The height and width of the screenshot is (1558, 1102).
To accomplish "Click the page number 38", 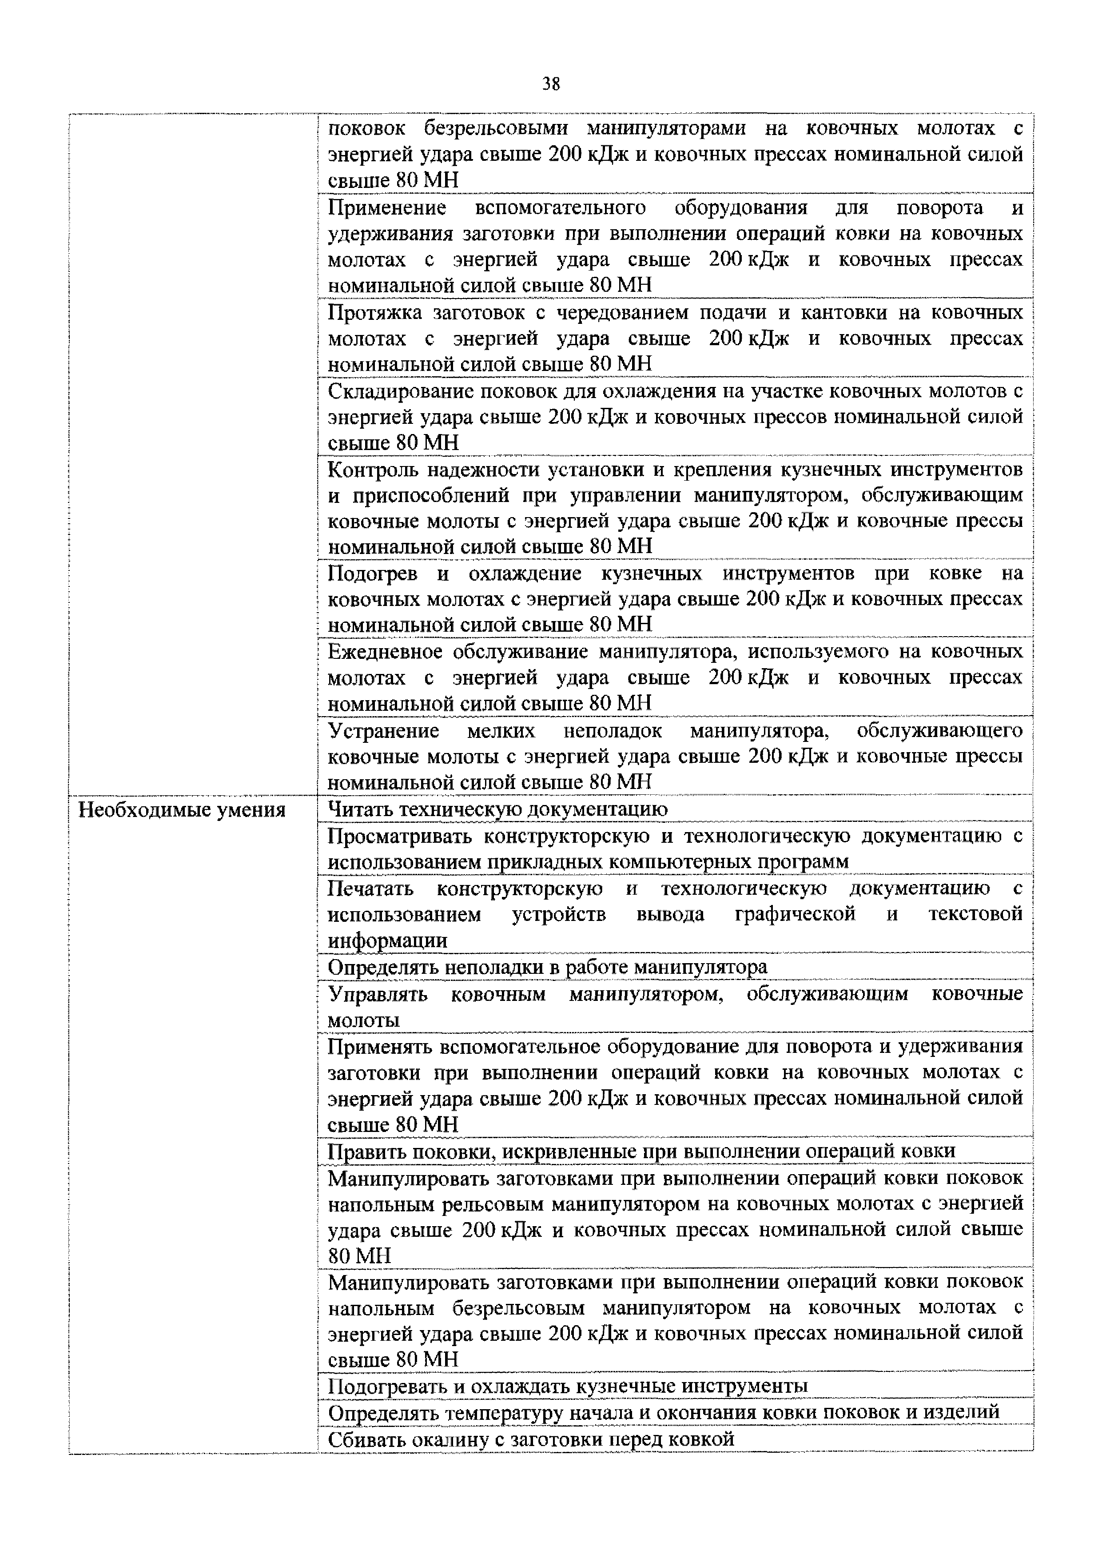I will (x=551, y=84).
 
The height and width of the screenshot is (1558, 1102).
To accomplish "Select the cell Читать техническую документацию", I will (x=497, y=809).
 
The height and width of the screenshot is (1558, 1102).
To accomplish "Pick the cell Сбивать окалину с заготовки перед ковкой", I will (x=531, y=1438).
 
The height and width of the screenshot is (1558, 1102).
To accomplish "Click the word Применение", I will (x=387, y=207).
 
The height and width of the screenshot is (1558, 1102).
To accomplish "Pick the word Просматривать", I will (x=400, y=836).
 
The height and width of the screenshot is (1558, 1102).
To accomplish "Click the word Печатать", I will (x=370, y=888).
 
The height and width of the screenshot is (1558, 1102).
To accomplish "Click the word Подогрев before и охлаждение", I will (x=373, y=574).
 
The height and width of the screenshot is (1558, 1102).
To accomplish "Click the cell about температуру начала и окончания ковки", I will (x=663, y=1412).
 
